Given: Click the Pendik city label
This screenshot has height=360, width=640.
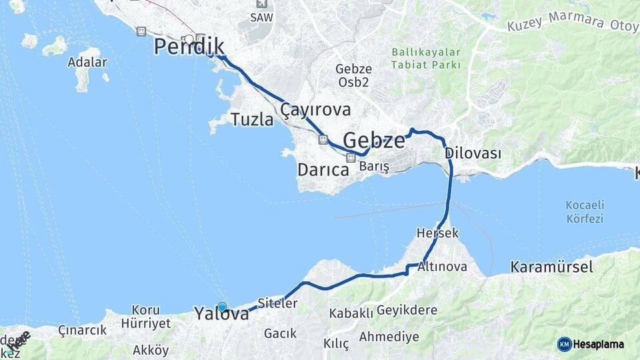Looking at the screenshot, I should pyautogui.click(x=189, y=47).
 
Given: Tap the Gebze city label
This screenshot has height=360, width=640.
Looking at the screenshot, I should pyautogui.click(x=374, y=141).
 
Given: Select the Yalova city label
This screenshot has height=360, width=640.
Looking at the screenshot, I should pyautogui.click(x=221, y=313).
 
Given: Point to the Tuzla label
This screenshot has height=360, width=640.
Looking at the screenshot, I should pyautogui.click(x=252, y=120).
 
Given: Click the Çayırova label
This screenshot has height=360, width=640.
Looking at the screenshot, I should pyautogui.click(x=315, y=109).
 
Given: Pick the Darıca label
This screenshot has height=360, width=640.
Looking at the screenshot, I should pyautogui.click(x=323, y=170).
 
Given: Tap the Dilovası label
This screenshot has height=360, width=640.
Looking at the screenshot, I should pyautogui.click(x=473, y=153).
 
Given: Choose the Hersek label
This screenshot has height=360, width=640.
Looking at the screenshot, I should pyautogui.click(x=437, y=233).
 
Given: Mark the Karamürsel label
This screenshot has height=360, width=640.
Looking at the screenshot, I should pyautogui.click(x=551, y=267).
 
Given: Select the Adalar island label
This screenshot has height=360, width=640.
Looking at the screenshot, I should pyautogui.click(x=87, y=63).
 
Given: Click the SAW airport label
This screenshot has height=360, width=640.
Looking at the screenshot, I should pyautogui.click(x=261, y=18).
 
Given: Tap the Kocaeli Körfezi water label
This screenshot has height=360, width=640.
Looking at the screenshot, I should pyautogui.click(x=584, y=211).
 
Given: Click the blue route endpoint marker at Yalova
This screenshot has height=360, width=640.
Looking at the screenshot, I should pyautogui.click(x=222, y=307).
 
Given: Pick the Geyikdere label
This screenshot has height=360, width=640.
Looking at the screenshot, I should pyautogui.click(x=407, y=310).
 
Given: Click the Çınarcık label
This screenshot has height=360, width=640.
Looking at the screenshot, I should pyautogui.click(x=82, y=330).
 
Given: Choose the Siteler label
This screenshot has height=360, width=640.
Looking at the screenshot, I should pyautogui.click(x=277, y=303).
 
